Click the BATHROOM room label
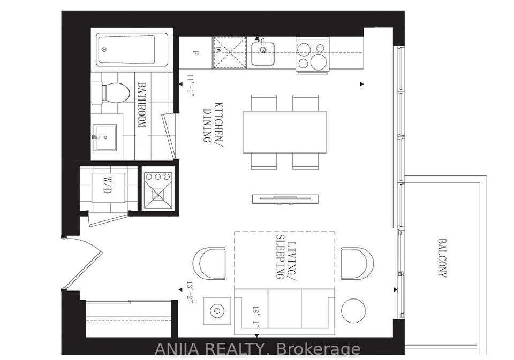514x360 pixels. point(141,105)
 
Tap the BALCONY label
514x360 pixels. point(442,258)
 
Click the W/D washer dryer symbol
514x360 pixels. point(108,188)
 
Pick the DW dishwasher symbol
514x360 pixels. point(230,52)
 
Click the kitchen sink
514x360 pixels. point(263,53)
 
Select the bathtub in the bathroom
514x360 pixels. point(132,50)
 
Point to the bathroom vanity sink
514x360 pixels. point(104,137)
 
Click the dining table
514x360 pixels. point(284,132)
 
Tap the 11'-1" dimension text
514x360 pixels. point(191,85)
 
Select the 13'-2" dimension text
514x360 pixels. point(191,293)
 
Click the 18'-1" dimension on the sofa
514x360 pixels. point(256,315)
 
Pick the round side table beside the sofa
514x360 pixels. point(353,311)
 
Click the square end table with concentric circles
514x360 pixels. point(217,311)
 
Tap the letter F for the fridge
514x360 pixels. point(195,52)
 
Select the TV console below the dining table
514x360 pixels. point(285,199)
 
